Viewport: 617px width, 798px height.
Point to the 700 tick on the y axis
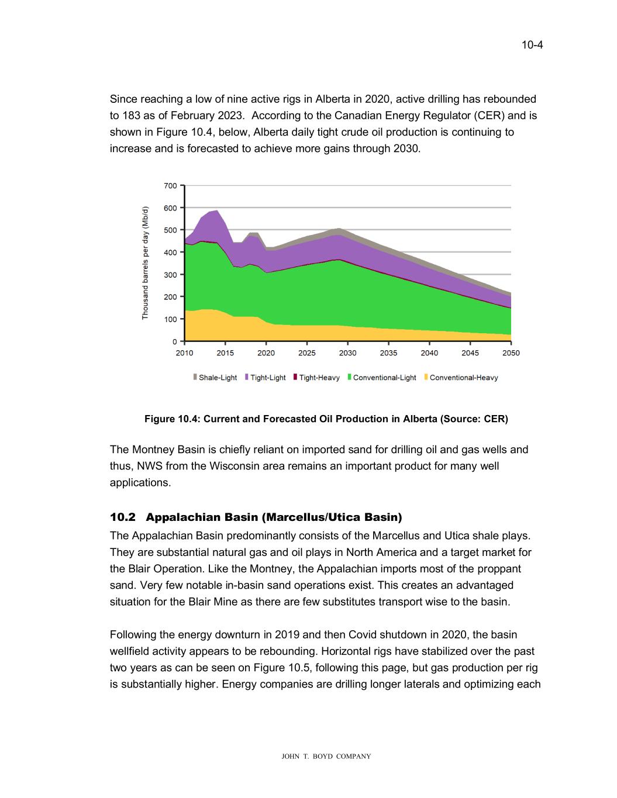170,186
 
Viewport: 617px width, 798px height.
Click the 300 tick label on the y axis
170,275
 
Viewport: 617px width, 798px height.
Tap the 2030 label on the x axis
347,353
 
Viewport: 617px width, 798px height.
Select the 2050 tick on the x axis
511,353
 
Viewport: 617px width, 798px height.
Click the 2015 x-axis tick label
225,353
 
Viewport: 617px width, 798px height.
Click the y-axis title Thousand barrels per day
145,263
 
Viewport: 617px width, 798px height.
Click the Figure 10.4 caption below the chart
326,419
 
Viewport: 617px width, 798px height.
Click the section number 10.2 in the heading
122,517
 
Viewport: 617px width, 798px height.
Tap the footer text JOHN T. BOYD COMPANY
326,756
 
